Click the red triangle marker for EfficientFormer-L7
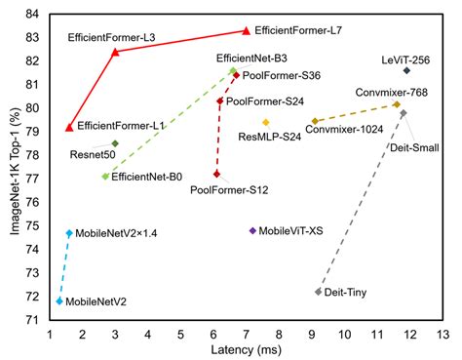coord(246,30)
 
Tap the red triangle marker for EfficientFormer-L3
coord(115,52)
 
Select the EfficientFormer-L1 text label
coord(121,126)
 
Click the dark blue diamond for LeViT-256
coord(406,70)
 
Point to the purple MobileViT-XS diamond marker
coord(252,230)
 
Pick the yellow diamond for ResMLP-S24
coord(265,122)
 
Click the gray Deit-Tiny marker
coord(318,291)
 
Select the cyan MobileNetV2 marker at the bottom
coord(59,300)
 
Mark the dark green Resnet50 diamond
coord(115,143)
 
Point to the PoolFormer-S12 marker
coord(216,174)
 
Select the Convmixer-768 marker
coord(397,104)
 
